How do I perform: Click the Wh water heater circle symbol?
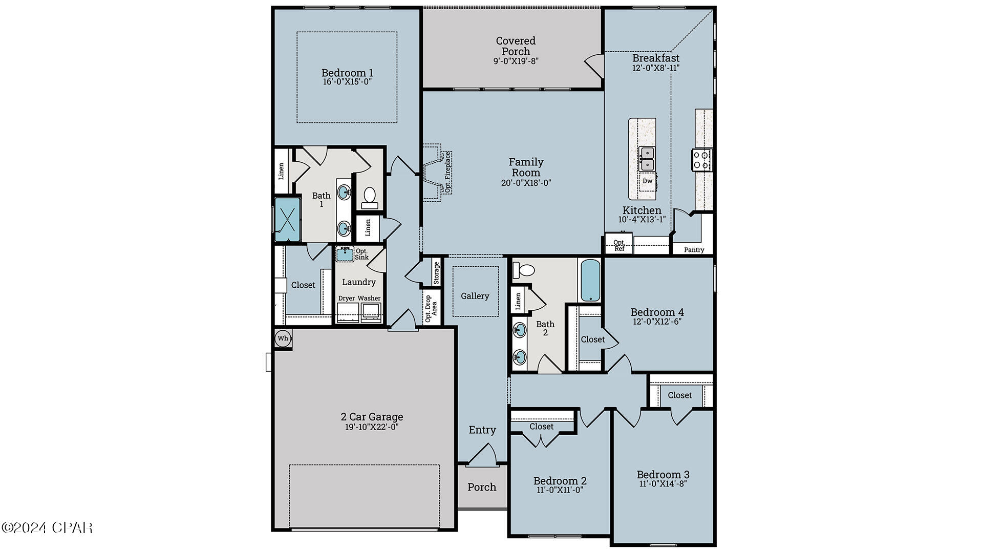(x=283, y=338)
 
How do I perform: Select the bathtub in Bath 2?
(x=590, y=281)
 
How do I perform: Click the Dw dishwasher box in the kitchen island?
(x=648, y=181)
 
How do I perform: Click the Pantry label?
(x=694, y=250)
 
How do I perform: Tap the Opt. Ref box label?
(x=618, y=245)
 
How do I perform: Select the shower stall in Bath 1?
(x=287, y=219)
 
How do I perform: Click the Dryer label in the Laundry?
(x=347, y=299)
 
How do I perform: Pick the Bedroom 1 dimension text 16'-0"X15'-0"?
(x=347, y=81)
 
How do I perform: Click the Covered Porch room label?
(x=516, y=46)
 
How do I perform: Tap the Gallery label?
(x=475, y=296)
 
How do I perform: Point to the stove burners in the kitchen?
(x=701, y=160)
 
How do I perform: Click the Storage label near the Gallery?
(x=436, y=272)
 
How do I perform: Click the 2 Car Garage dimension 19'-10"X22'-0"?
(x=372, y=427)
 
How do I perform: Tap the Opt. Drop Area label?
(x=431, y=308)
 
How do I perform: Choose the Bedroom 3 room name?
(x=663, y=474)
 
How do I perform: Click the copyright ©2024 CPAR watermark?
(x=47, y=527)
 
